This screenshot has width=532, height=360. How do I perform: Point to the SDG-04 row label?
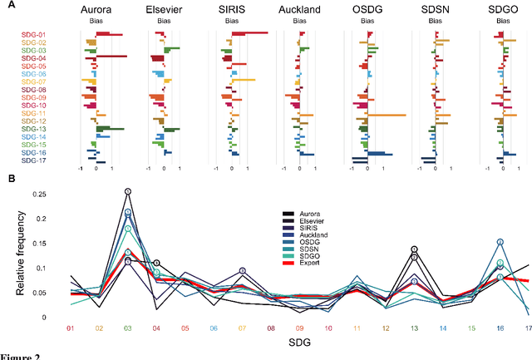coord(33,58)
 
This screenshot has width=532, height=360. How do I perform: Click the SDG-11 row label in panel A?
coord(33,114)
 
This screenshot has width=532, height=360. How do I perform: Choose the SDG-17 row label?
coord(33,160)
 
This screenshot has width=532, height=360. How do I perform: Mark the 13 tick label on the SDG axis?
coord(413,329)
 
